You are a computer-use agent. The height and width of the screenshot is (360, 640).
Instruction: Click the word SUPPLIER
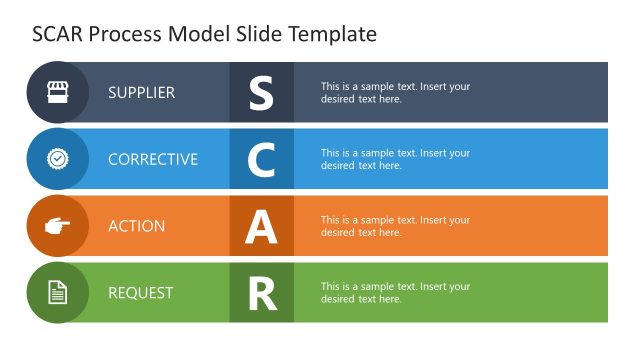[141, 93]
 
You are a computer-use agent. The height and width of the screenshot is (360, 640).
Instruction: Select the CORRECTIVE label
[153, 159]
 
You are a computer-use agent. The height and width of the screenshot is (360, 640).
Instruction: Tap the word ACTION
[137, 226]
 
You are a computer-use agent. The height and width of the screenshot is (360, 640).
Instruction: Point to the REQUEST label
[141, 293]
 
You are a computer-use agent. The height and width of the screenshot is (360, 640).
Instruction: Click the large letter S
[261, 93]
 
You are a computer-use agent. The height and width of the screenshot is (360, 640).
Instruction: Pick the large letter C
[261, 160]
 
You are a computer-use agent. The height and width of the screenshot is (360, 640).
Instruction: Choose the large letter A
[261, 227]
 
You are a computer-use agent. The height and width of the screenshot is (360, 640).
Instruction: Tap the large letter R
[261, 294]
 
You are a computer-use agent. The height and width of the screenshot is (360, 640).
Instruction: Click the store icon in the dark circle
[58, 92]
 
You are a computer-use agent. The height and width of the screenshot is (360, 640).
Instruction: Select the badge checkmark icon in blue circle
[58, 159]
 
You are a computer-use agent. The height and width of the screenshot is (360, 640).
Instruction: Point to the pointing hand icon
[58, 226]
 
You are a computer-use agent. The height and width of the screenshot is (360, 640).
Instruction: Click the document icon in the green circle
[58, 293]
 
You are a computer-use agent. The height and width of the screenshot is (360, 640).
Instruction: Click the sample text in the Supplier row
[395, 93]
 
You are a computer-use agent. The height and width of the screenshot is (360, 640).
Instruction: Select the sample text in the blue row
[395, 159]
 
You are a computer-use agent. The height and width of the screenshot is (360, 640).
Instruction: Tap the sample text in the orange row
[395, 226]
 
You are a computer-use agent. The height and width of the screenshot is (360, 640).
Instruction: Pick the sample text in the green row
[395, 293]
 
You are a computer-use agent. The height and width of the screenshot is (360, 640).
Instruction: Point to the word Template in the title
[333, 34]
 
